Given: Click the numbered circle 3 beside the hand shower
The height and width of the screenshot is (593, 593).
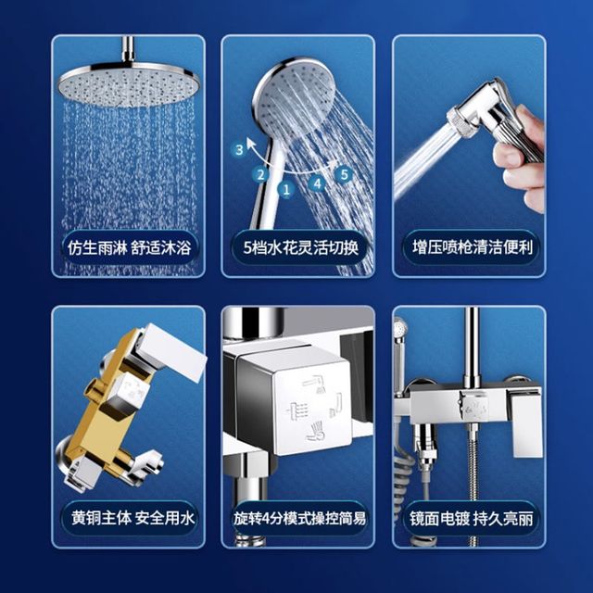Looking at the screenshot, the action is [239, 150].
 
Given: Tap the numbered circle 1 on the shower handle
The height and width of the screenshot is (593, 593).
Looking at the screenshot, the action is [286, 189].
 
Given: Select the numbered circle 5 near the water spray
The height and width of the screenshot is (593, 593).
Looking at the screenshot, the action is [344, 174].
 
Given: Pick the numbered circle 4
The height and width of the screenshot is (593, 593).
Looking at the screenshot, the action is [317, 183].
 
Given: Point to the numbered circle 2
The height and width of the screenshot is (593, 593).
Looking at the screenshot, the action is [260, 175].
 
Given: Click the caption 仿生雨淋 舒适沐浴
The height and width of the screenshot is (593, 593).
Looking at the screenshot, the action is [130, 248].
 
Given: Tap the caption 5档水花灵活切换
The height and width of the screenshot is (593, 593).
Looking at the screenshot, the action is [300, 248].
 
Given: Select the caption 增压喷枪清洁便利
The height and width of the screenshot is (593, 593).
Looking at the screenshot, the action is [473, 247].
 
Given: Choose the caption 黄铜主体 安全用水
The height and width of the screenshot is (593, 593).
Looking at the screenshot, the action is [132, 518].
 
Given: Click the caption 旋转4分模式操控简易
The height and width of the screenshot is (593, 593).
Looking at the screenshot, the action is [299, 518].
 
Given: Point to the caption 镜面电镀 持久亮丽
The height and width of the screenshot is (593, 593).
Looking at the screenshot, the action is [472, 518].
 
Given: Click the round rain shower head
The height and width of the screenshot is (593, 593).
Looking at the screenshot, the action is [129, 84].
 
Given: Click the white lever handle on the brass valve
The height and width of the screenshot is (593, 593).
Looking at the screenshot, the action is [172, 352].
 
